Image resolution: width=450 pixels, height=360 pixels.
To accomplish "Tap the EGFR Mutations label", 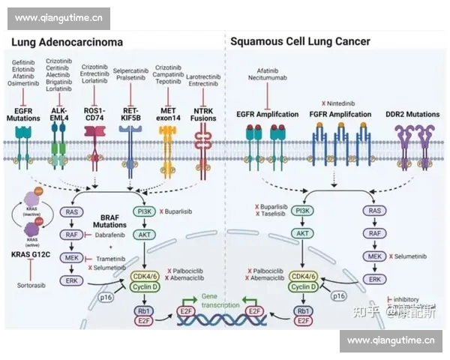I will point(25,114).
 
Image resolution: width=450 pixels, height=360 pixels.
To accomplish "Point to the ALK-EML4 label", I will point(59,114).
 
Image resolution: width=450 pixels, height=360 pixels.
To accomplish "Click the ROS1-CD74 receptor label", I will point(94,114).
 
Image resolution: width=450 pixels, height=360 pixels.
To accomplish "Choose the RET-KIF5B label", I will point(130,114).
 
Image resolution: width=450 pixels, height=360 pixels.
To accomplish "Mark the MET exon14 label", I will point(168,114).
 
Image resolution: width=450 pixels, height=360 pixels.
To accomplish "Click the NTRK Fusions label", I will point(203,114).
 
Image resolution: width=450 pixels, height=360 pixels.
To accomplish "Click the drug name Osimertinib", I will point(25,83).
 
